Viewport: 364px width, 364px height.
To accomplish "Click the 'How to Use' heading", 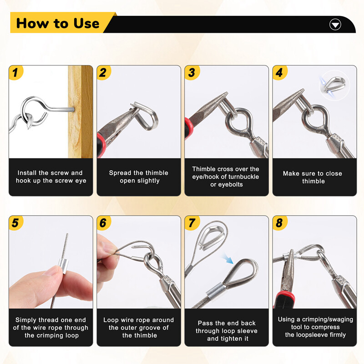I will coord(58,23).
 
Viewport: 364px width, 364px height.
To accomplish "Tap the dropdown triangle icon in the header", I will coord(335,25).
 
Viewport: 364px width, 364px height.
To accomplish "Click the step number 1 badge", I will coord(16,72).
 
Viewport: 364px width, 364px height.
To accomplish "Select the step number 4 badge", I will coord(279,72).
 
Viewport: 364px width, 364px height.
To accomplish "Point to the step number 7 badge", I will coord(192,223).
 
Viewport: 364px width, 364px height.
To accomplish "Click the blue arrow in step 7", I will coord(228,260).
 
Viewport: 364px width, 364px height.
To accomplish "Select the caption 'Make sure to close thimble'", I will coord(313,177).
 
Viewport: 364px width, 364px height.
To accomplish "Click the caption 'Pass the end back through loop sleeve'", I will coord(226,331).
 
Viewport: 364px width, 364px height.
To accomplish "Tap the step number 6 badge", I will coord(104,223).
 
